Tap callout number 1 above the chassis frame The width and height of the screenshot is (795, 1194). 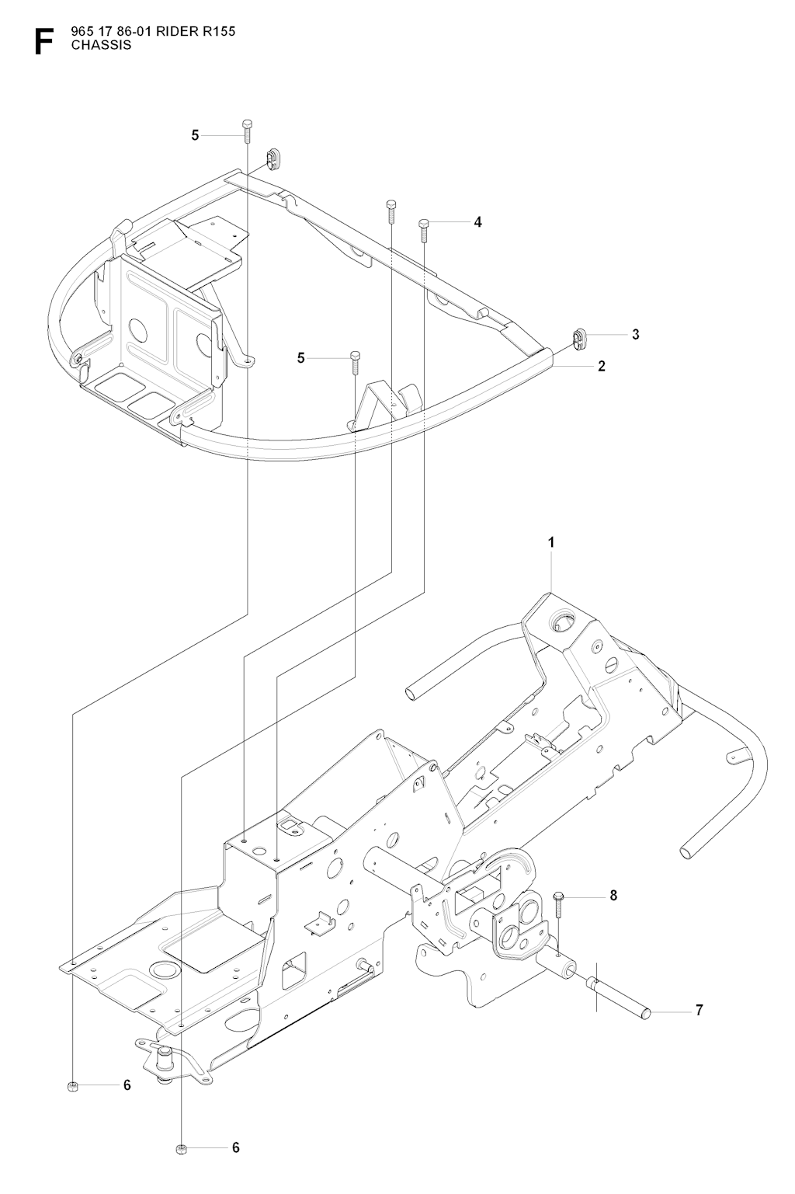tap(552, 543)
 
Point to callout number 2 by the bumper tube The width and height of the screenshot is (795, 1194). tap(601, 365)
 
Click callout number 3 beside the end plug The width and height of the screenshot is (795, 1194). tap(635, 334)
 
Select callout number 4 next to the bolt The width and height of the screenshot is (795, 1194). tap(477, 222)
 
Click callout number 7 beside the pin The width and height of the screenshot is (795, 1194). tap(699, 1011)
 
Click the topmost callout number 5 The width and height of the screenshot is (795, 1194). tap(195, 135)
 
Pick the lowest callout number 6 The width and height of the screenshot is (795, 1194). tap(236, 1147)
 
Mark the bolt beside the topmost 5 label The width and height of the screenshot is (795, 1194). tap(247, 130)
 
